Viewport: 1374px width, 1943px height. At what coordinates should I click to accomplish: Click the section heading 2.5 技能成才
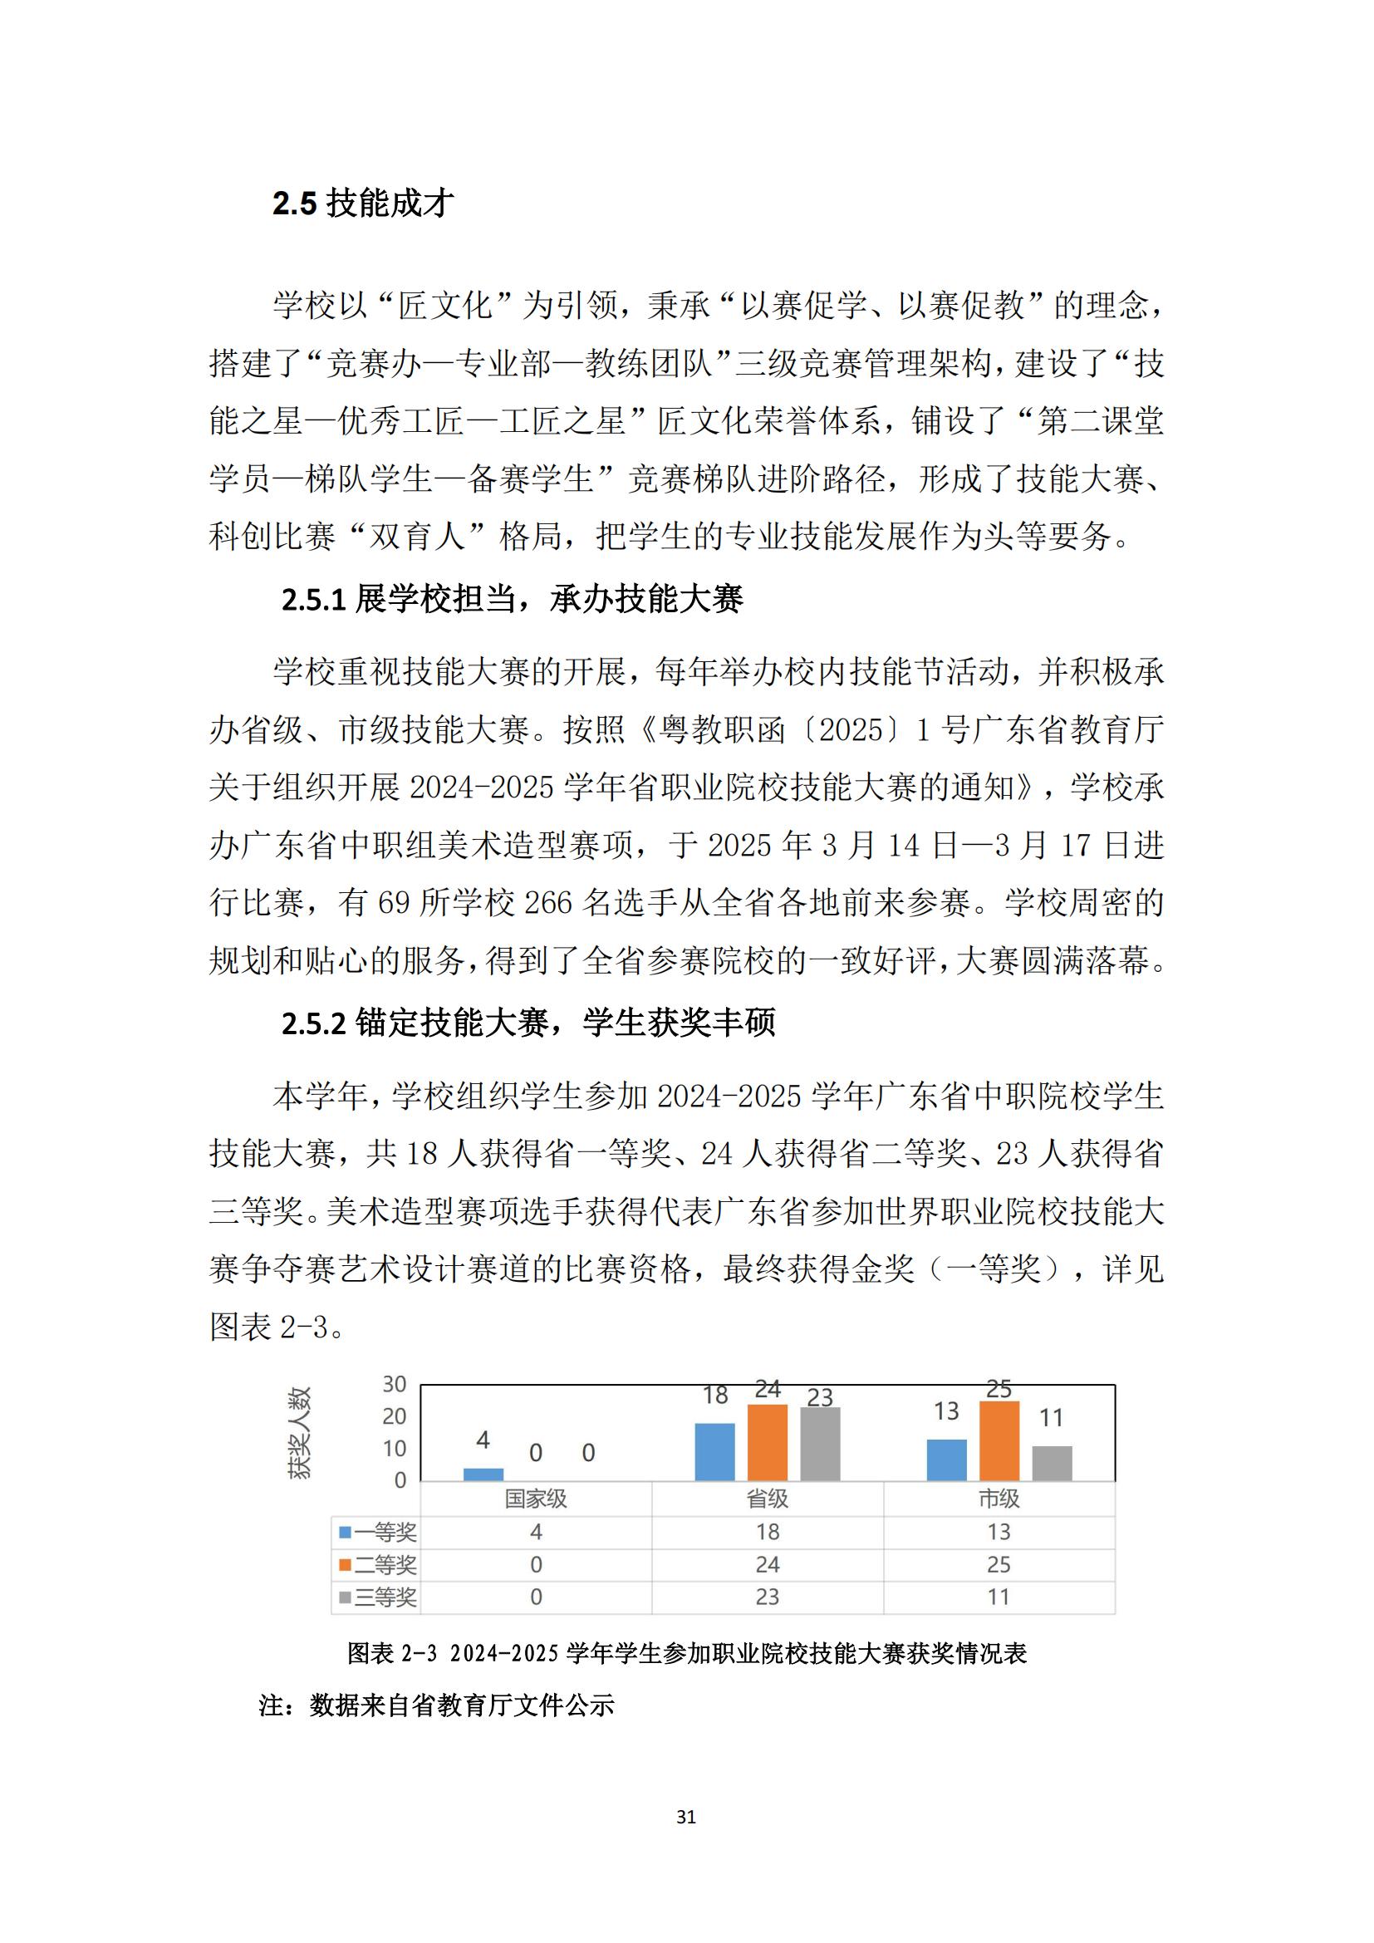pos(363,204)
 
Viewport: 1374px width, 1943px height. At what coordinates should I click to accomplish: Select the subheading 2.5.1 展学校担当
pos(511,599)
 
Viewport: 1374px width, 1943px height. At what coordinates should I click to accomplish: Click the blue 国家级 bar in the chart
pos(483,1474)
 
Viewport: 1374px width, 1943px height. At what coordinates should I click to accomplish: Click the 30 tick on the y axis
pos(395,1384)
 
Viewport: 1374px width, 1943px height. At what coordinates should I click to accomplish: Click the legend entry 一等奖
pos(378,1532)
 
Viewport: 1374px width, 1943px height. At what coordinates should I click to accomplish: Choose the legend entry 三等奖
pos(378,1597)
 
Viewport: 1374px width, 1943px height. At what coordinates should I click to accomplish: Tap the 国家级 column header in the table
pos(536,1499)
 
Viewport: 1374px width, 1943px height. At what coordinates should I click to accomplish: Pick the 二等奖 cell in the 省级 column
pos(768,1565)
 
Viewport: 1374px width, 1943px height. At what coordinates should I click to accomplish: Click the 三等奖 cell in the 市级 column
pos(999,1597)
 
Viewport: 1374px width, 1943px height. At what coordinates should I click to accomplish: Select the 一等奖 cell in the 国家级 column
pos(536,1532)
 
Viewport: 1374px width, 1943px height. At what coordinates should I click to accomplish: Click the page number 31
pos(686,1816)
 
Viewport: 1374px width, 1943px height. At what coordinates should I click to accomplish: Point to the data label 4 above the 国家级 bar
pos(483,1440)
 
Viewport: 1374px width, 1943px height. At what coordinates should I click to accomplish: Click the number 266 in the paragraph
pos(548,903)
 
